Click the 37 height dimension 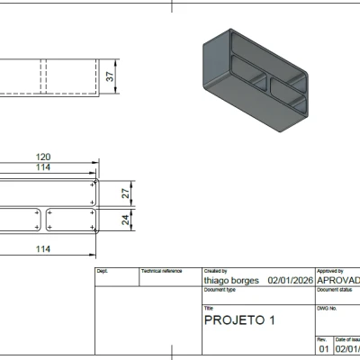click(x=111, y=76)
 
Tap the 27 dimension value click(x=126, y=193)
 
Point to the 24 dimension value click(x=126, y=220)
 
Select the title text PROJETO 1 click(x=239, y=319)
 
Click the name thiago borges click(x=231, y=280)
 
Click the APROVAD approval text click(x=338, y=280)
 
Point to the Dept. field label click(x=102, y=271)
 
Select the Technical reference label click(x=161, y=271)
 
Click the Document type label click(x=220, y=290)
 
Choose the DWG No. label click(x=327, y=308)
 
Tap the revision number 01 click(x=324, y=348)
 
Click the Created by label click(x=216, y=271)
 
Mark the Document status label click(x=335, y=290)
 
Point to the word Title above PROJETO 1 click(x=210, y=308)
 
